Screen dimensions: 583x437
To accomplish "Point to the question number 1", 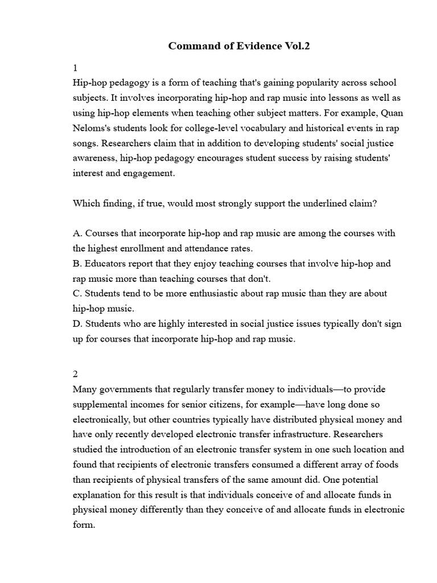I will click(75, 68).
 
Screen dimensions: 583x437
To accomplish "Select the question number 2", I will click(76, 374).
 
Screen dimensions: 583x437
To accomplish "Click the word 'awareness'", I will click(94, 158).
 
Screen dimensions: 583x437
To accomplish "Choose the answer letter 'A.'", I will click(78, 233).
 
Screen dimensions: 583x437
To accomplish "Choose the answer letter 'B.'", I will click(78, 264).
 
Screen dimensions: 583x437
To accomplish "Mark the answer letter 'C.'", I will click(78, 294).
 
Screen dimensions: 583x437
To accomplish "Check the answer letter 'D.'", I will click(78, 324).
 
